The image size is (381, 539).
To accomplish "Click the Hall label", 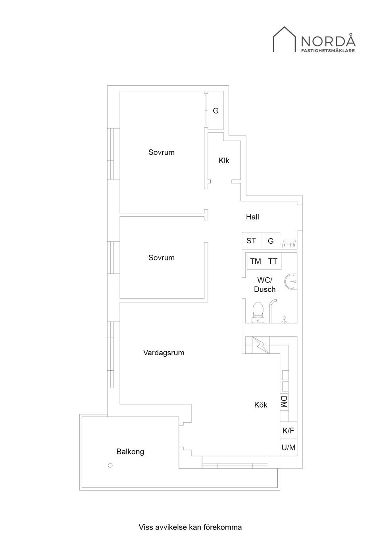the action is (252, 217).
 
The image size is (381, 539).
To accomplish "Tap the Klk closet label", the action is (224, 160).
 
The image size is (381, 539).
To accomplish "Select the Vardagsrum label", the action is (164, 352).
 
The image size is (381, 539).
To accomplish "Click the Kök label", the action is (261, 405).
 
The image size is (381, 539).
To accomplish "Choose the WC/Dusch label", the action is (265, 285).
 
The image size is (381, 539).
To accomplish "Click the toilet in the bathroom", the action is (258, 312).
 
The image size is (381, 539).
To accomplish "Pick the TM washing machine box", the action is (256, 261).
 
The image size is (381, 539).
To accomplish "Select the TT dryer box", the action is (273, 261).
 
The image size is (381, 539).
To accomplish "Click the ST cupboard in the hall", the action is (251, 241).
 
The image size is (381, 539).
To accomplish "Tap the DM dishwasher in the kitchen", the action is (284, 402).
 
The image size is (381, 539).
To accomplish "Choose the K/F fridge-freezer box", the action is (289, 431).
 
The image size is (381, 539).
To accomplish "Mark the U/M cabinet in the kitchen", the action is (289, 447).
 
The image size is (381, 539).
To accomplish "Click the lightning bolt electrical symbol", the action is (260, 345).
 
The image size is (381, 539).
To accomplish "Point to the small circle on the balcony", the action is (110, 465).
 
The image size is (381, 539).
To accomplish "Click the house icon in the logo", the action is (284, 39).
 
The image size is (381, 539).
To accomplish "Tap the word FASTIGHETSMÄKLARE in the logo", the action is (328, 51).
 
